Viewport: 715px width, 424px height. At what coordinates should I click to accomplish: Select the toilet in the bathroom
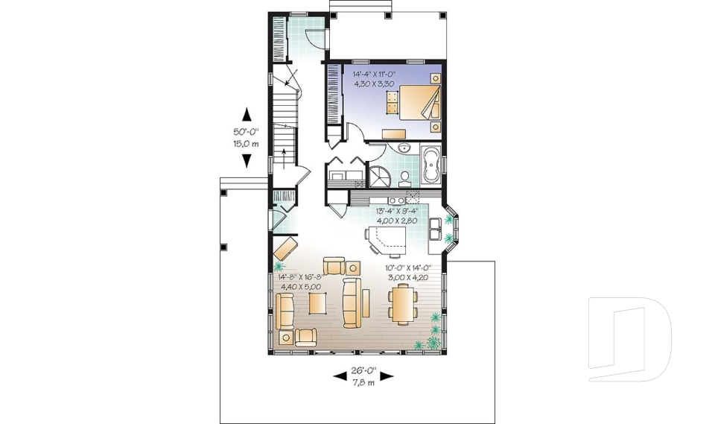[404, 177]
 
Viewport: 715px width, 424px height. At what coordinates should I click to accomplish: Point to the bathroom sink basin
[404, 149]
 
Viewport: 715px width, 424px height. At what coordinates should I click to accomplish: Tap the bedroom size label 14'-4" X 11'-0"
[373, 75]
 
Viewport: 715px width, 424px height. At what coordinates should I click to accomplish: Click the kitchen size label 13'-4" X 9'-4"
[395, 211]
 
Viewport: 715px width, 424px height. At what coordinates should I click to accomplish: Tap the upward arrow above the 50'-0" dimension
[247, 113]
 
